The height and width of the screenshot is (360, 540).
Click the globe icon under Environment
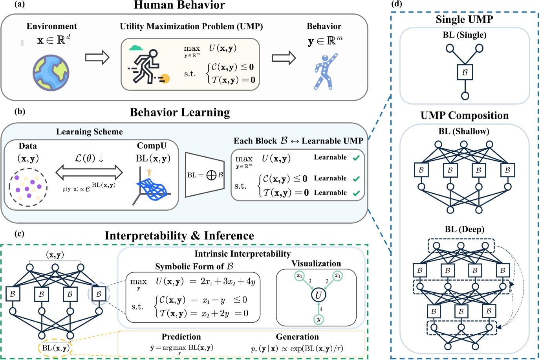click(51, 73)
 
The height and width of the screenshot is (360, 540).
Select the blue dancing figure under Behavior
click(326, 72)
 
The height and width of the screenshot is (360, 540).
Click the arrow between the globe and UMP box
click(97, 57)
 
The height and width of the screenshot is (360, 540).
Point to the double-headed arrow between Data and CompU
click(89, 172)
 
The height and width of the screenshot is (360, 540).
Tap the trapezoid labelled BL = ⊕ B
click(205, 175)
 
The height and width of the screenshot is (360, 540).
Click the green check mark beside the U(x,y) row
click(356, 158)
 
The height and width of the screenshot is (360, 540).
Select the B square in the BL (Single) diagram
click(465, 72)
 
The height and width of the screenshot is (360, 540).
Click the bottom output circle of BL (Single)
click(465, 96)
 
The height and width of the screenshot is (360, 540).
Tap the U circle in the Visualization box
click(319, 295)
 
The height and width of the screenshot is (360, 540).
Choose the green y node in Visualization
click(319, 319)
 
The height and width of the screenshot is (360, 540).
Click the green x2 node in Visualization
click(299, 276)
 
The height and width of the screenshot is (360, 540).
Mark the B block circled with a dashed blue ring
click(99, 294)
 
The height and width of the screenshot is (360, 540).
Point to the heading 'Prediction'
click(181, 336)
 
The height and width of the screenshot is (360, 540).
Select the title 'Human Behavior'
click(179, 5)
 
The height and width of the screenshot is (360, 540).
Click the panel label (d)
click(397, 4)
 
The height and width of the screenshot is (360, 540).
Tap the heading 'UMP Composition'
click(465, 115)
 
